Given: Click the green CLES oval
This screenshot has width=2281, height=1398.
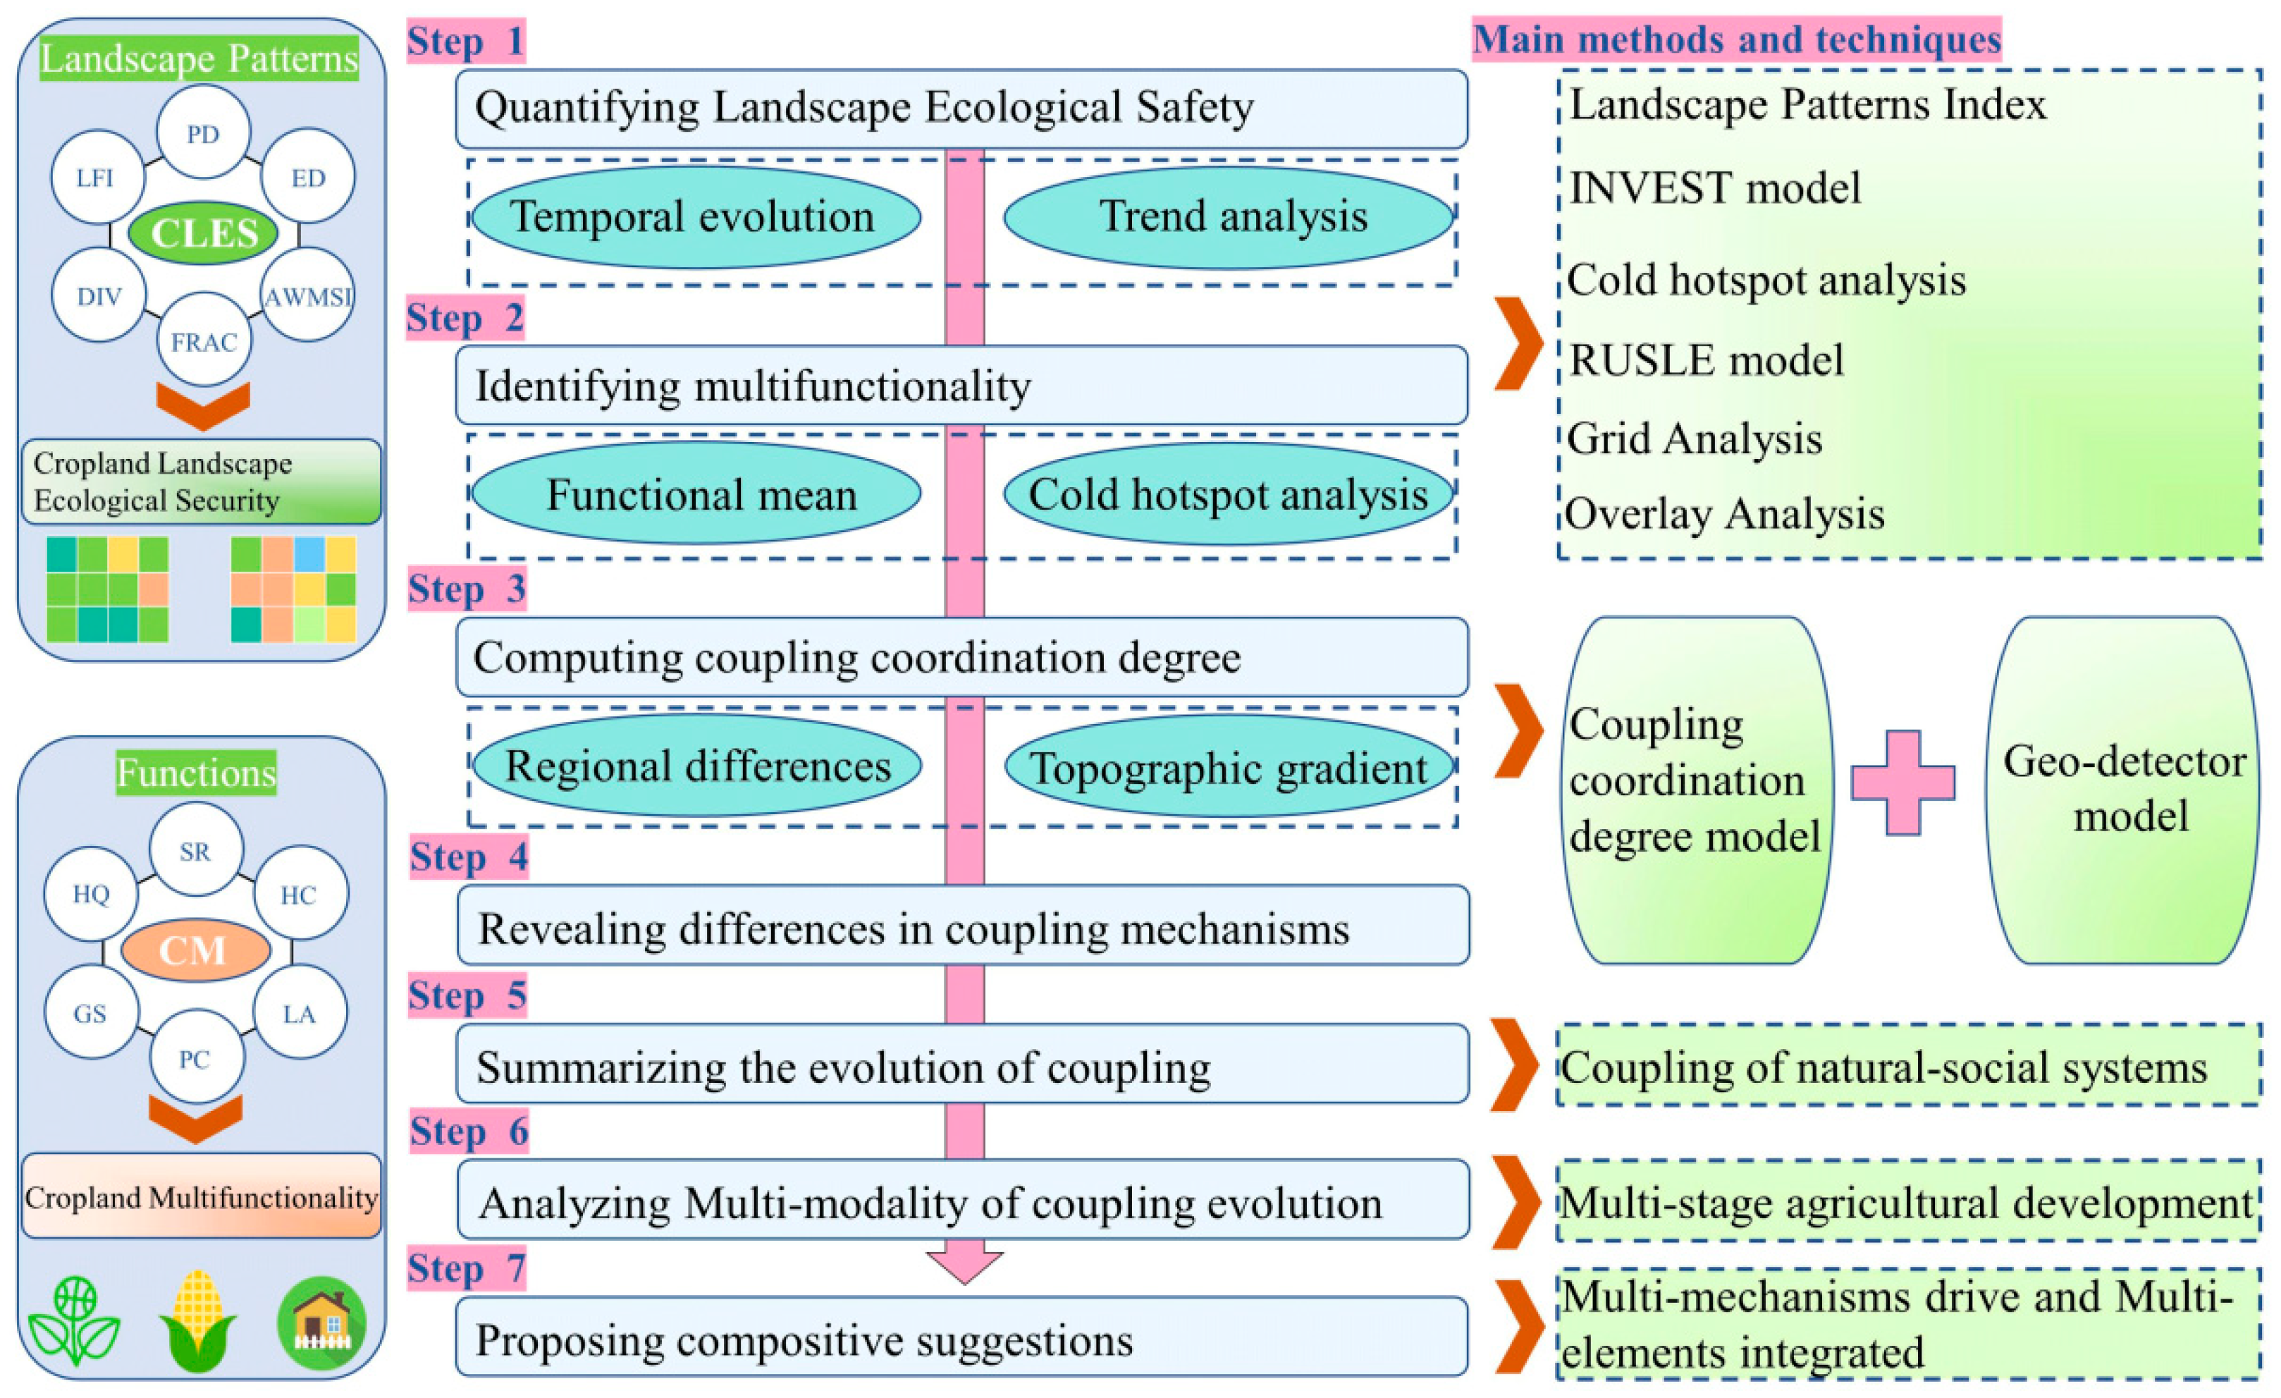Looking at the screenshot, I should point(203,233).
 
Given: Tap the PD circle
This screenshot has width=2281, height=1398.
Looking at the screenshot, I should point(203,133).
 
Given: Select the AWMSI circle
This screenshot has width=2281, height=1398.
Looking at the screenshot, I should point(308,296).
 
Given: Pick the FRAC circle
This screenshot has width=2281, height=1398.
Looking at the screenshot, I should point(204,341).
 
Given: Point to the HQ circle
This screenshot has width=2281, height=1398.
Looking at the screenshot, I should point(91,893).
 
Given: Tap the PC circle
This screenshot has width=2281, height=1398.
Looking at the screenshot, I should point(195,1057).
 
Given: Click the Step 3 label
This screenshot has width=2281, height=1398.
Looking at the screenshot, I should point(467,589).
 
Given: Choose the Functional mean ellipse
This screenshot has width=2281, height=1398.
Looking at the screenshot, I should point(699,493).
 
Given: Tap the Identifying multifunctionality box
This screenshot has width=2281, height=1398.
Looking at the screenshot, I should point(961,385).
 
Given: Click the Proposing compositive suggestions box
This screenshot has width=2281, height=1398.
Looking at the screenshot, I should point(961,1339).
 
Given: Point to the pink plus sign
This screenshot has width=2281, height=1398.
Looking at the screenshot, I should point(1902,783).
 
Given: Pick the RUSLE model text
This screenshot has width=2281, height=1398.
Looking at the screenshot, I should point(1706,360).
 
